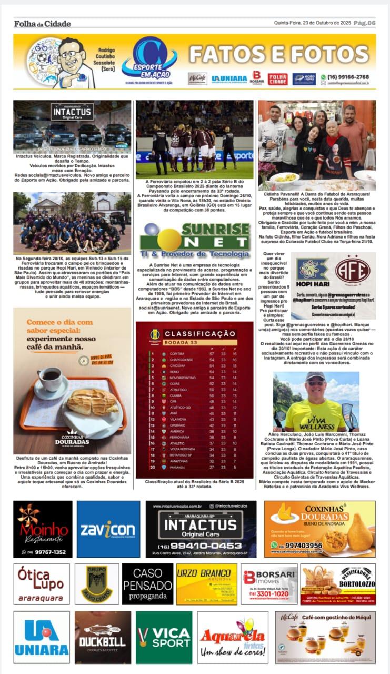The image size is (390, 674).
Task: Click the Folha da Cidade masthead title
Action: pos(42,23)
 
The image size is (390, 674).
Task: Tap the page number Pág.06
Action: pos(364,23)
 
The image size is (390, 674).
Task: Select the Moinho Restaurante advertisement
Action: pos(43,529)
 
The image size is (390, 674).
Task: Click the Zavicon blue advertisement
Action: pos(108,529)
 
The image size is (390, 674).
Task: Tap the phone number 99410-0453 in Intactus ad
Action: pos(201,546)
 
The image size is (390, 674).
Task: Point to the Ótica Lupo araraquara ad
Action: pos(42,584)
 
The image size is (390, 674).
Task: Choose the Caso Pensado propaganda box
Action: pos(147,584)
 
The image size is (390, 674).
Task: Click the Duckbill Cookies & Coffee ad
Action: pos(103,637)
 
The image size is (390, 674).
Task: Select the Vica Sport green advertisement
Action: pos(164,637)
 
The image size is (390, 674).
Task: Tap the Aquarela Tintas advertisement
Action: pos(232,637)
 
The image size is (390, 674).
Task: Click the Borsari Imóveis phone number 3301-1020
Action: pos(269,594)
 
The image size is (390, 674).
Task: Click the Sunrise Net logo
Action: pos(195,240)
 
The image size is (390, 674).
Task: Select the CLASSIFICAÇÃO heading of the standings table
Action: pos(199,333)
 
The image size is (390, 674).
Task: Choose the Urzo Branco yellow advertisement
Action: pos(206,584)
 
